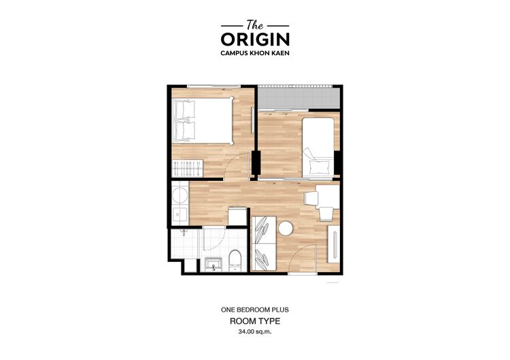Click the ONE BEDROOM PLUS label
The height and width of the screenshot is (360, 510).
[254, 310]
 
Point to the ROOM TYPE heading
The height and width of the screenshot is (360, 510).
[254, 321]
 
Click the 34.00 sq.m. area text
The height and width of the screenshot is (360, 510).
[254, 332]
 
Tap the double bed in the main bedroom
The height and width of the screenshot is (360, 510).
[203, 120]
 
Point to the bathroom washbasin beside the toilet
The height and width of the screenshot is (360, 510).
[211, 264]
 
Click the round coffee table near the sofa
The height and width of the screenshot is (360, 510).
[285, 229]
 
